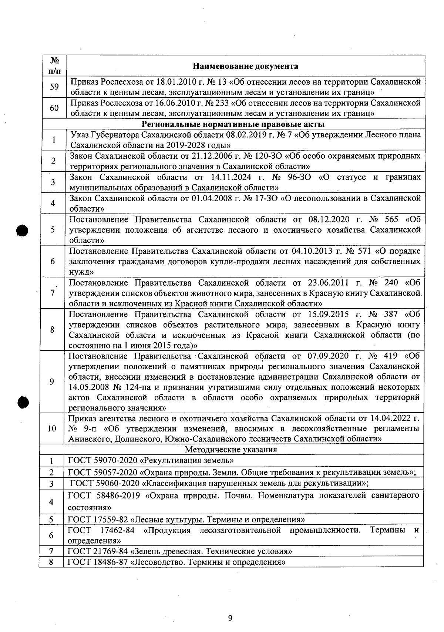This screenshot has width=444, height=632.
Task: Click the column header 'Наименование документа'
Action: point(245,66)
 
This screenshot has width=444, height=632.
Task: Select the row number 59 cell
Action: point(54,87)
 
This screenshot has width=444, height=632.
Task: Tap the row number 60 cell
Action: point(54,108)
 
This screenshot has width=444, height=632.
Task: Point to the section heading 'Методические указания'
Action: point(231,450)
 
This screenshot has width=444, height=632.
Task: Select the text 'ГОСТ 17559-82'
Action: point(98,519)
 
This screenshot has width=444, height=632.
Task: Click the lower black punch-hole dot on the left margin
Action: point(23,402)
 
